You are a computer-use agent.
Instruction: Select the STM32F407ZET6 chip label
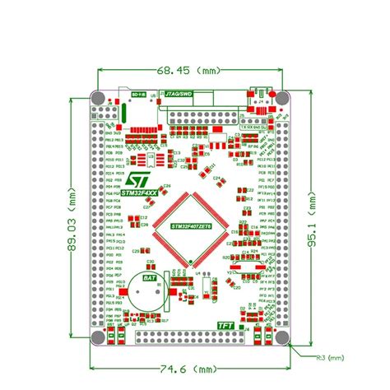click(192, 225)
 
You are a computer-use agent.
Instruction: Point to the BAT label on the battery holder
click(151, 278)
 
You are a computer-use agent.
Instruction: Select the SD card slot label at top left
click(140, 95)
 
